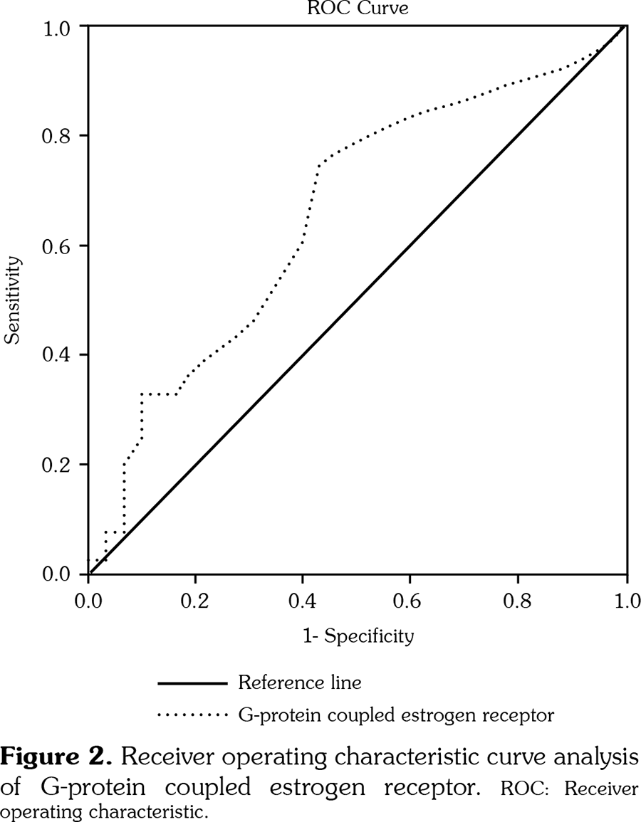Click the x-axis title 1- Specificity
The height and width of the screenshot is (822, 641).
coord(358,636)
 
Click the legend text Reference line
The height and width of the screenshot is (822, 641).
coord(300,683)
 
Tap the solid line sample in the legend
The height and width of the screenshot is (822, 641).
coord(192,684)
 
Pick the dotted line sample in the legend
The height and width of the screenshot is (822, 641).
coord(192,712)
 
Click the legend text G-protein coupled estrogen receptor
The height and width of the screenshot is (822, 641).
coord(396,712)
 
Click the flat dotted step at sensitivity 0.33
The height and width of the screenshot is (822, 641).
coord(159,394)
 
